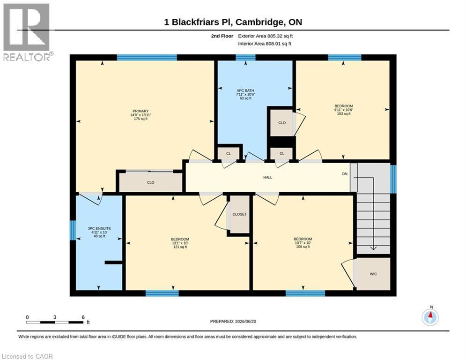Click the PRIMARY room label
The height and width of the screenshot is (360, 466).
pyautogui.click(x=141, y=111)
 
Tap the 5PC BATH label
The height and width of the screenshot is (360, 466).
pyautogui.click(x=245, y=91)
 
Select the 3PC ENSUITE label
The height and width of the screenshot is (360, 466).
pyautogui.click(x=99, y=228)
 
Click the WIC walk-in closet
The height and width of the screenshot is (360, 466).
pyautogui.click(x=373, y=274)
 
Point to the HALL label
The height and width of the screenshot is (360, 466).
pyautogui.click(x=268, y=177)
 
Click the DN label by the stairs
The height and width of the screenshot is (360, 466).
pyautogui.click(x=345, y=174)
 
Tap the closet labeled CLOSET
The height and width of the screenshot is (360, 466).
pyautogui.click(x=239, y=214)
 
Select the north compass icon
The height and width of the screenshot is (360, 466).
pyautogui.click(x=430, y=317)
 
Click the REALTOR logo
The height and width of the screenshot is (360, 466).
pyautogui.click(x=27, y=31)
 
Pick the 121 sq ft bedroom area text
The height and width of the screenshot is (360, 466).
pyautogui.click(x=180, y=247)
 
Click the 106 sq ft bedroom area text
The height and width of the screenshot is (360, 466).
pyautogui.click(x=303, y=247)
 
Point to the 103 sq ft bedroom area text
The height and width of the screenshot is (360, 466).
pyautogui.click(x=344, y=113)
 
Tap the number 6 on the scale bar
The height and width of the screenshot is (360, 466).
pyautogui.click(x=83, y=317)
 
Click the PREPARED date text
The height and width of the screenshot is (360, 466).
pyautogui.click(x=233, y=321)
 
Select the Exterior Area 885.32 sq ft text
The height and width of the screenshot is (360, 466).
pyautogui.click(x=266, y=36)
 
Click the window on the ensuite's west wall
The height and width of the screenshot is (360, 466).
pyautogui.click(x=73, y=230)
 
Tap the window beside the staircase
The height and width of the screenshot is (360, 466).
pyautogui.click(x=393, y=179)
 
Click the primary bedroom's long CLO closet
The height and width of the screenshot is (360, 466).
pyautogui.click(x=151, y=182)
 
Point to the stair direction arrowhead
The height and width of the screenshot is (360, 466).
pyautogui.click(x=373, y=248)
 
